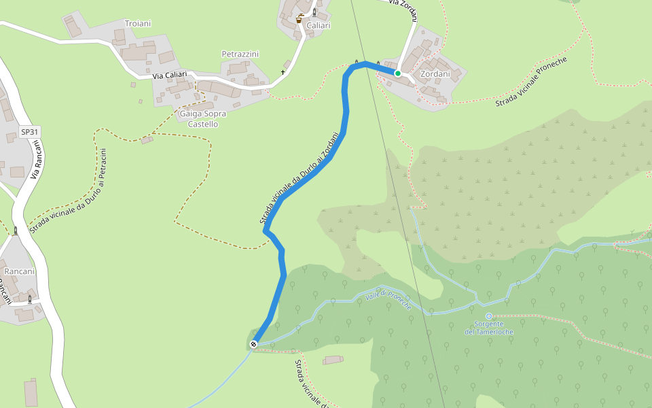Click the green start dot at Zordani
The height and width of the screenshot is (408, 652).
click(x=398, y=73)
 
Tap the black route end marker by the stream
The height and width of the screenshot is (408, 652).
click(x=254, y=344)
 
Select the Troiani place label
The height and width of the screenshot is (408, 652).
click(x=138, y=24)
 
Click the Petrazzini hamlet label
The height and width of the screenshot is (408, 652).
click(x=240, y=54)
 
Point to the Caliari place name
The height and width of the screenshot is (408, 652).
click(x=319, y=26)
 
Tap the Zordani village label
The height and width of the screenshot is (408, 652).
click(x=435, y=73)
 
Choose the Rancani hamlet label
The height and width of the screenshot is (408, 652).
click(x=19, y=271)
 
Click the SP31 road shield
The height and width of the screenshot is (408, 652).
click(x=29, y=132)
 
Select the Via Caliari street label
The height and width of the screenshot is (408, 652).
click(x=169, y=75)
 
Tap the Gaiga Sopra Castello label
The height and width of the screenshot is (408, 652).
click(x=203, y=119)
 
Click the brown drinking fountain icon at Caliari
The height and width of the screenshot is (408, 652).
click(x=299, y=20)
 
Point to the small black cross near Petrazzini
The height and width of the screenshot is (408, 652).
click(x=283, y=72)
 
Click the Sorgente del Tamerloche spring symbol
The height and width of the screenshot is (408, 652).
click(x=488, y=316)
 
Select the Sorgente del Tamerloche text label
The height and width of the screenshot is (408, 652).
click(x=489, y=328)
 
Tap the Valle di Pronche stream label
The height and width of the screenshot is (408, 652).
click(x=388, y=300)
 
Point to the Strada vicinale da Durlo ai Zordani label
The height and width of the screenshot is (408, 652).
click(x=299, y=178)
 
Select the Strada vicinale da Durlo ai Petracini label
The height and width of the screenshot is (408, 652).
click(x=69, y=190)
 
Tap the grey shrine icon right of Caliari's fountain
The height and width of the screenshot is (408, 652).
click(x=314, y=12)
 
